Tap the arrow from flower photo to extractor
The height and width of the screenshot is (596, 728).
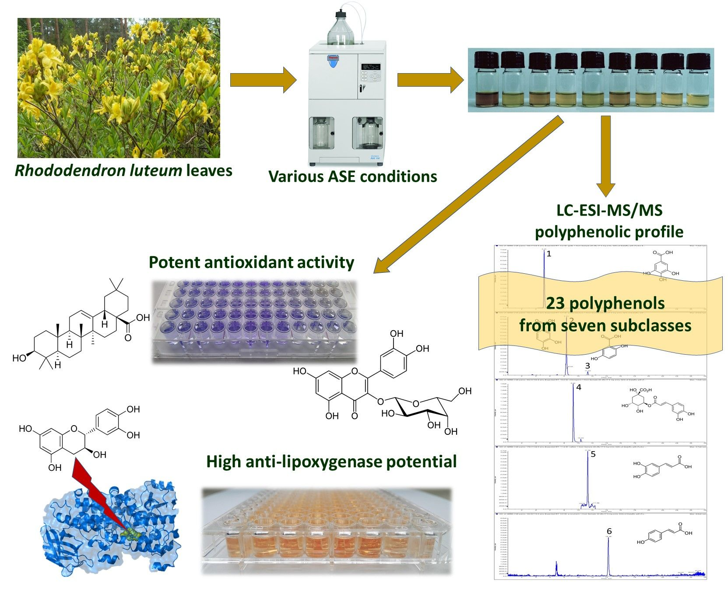[x=263, y=80]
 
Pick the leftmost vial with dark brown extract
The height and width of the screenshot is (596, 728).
[x=486, y=81]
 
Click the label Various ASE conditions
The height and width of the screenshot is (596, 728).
[x=352, y=176]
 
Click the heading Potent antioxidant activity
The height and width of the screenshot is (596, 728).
[x=251, y=262]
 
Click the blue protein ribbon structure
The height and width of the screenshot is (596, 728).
[x=109, y=530]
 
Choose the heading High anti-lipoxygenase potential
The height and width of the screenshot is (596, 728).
[x=331, y=462]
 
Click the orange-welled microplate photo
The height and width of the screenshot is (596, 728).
[x=326, y=530]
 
